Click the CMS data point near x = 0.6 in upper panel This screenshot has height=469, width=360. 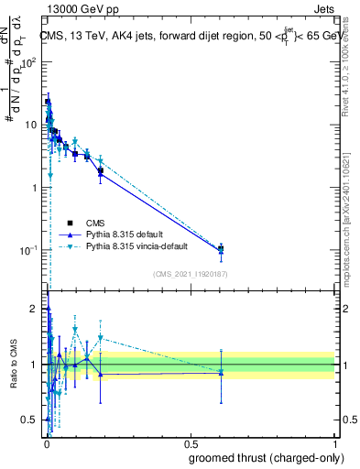tap(221, 248)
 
